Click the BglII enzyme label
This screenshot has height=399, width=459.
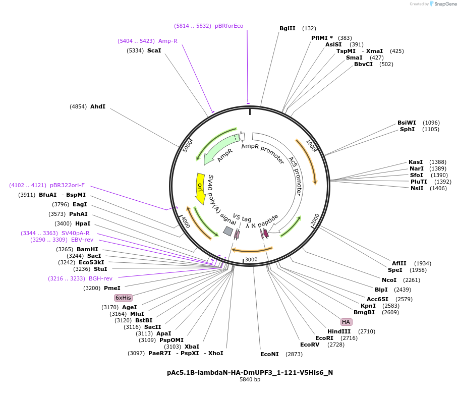pos(288,28)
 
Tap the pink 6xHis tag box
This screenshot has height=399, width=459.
pos(123,298)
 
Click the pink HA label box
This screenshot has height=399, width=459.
pos(346,322)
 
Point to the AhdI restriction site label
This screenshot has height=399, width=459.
pos(98,106)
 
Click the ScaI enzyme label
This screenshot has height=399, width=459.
pos(154,50)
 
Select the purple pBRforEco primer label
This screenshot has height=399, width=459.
pos(229,26)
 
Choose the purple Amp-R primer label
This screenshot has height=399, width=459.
pos(167,41)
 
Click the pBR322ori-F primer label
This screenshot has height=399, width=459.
pos(67,185)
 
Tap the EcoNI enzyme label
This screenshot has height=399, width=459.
pos(269,354)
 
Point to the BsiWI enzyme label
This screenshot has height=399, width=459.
pos(407,123)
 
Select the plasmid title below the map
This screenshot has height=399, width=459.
pos(250,373)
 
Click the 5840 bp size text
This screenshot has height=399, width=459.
pos(250,380)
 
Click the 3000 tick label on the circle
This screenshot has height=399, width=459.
pos(251,260)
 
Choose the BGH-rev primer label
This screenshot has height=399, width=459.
pos(100,278)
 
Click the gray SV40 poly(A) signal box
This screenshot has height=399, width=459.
pos(228,231)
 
